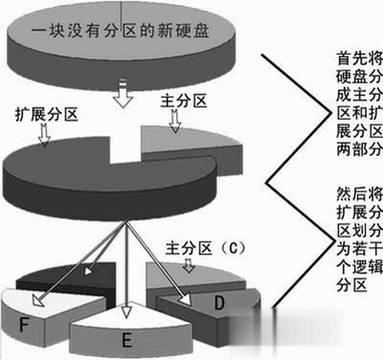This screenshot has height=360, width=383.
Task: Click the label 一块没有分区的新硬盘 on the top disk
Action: (x=121, y=31)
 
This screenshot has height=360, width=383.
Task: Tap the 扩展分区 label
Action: (x=46, y=114)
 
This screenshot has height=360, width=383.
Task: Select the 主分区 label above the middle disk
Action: (x=184, y=101)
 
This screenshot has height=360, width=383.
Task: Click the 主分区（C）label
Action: (x=205, y=248)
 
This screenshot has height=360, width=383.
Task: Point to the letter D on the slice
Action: (x=219, y=303)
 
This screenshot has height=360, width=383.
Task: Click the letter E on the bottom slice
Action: (x=127, y=340)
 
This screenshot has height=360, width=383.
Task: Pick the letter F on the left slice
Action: (x=24, y=324)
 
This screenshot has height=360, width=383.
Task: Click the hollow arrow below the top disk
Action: (x=123, y=93)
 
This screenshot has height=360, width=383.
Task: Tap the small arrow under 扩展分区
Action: (x=44, y=135)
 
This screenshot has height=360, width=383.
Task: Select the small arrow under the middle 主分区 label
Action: (x=175, y=121)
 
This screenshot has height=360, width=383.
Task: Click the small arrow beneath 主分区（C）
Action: (x=189, y=265)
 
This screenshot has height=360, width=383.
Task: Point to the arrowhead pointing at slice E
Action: (x=126, y=312)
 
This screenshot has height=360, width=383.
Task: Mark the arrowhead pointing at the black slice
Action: (x=88, y=271)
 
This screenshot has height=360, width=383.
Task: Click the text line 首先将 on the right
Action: (x=359, y=59)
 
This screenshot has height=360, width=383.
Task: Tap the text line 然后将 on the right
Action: (x=359, y=194)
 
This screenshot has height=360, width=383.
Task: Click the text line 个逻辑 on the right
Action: (x=359, y=267)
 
